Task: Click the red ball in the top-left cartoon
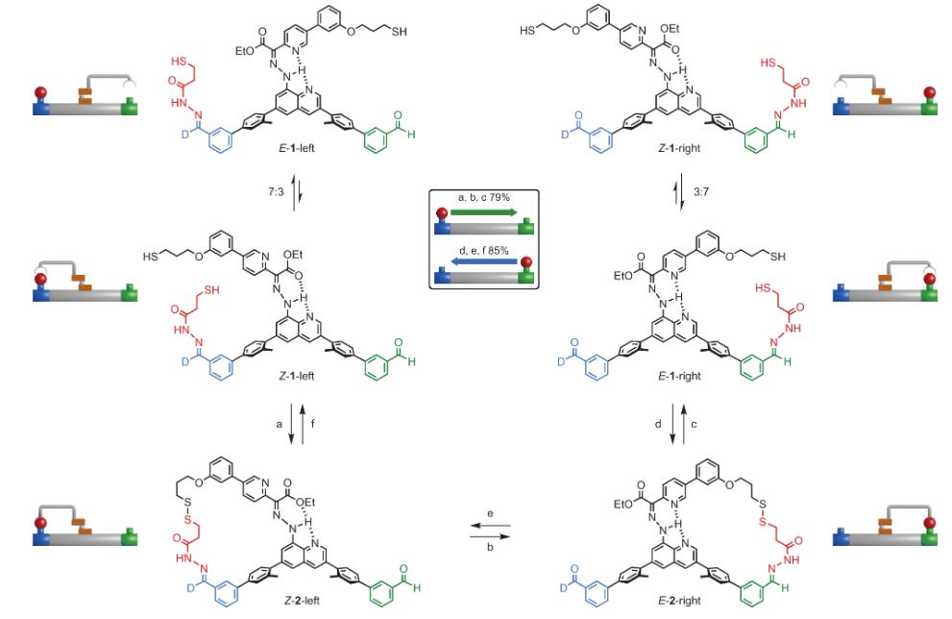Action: click(x=39, y=92)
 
